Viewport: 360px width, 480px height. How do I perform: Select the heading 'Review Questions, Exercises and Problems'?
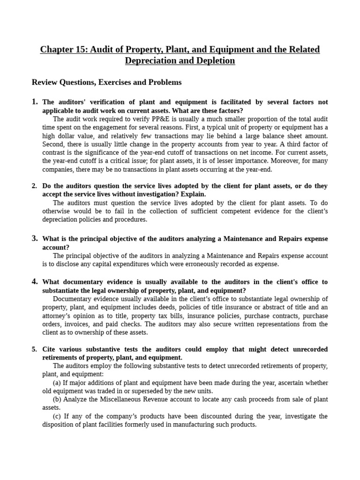(x=106, y=82)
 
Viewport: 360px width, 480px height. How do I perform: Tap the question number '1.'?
(x=35, y=102)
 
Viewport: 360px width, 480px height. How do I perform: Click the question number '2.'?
(x=35, y=186)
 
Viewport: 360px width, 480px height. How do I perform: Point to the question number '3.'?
(x=35, y=238)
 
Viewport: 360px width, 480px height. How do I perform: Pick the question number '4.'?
(x=35, y=282)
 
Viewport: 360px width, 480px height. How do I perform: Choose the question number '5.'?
(x=35, y=349)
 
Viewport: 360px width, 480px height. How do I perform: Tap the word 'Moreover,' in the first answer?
(x=273, y=161)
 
